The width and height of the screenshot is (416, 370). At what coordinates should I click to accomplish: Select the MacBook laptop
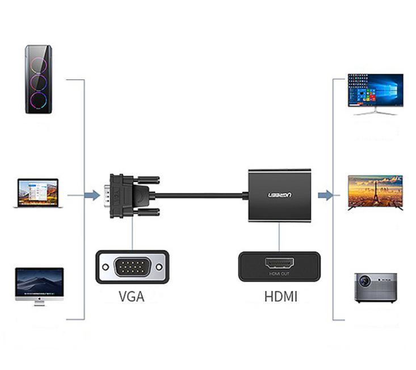pyautogui.click(x=38, y=194)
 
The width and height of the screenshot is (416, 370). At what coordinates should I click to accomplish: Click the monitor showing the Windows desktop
pyautogui.click(x=375, y=93)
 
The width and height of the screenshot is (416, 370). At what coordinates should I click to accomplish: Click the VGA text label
pyautogui.click(x=131, y=296)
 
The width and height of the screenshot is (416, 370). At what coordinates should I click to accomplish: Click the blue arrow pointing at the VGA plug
pyautogui.click(x=91, y=196)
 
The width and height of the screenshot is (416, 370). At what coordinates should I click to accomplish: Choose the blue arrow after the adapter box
pyautogui.click(x=325, y=196)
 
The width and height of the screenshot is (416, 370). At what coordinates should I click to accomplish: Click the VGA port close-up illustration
pyautogui.click(x=132, y=267)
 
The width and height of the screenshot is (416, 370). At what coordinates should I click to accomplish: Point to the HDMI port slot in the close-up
pyautogui.click(x=279, y=263)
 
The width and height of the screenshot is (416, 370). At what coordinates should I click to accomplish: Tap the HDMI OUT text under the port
pyautogui.click(x=279, y=274)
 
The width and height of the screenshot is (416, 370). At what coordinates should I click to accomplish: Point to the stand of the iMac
pyautogui.click(x=39, y=303)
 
